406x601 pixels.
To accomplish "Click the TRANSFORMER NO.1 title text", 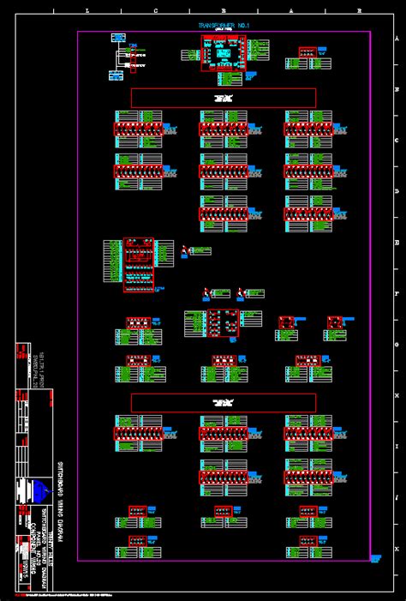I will (224, 27).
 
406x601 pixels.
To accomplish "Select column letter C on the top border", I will (155, 11).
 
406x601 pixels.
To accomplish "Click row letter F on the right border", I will (396, 293).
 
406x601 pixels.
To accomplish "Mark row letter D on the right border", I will (396, 191).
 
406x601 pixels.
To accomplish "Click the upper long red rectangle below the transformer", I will (224, 98).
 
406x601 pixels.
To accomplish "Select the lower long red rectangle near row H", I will (224, 403).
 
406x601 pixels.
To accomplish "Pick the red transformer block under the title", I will (224, 53).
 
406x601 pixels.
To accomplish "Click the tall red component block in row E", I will (138, 265).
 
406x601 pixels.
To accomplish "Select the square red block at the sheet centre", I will (224, 323).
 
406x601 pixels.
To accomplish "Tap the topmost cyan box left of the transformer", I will (118, 39).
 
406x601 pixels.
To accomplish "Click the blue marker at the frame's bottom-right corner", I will (375, 558).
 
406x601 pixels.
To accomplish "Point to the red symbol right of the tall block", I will (183, 250).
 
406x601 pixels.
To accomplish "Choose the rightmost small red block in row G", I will (335, 322).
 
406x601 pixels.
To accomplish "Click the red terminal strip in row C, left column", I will (138, 129).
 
